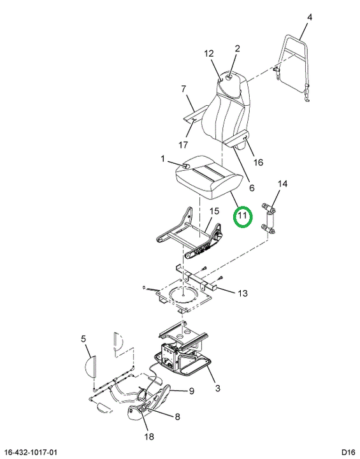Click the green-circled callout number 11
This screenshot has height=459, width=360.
pos(242,216)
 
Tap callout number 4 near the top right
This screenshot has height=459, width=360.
pos(310,18)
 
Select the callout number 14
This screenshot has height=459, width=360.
pos(282,184)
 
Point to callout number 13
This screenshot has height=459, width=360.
pos(243,293)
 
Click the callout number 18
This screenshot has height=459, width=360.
pos(149,437)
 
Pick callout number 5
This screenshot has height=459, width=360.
pos(83,339)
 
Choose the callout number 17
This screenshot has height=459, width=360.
pos(183,145)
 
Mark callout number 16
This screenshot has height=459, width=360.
pos(258,162)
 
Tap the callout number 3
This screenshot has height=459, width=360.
pos(217,388)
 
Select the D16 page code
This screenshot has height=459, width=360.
pos(348,452)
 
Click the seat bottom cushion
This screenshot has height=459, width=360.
pos(209,177)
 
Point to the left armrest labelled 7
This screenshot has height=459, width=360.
pos(194,115)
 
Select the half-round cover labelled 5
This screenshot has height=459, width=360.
pos(90,366)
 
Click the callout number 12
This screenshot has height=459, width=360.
pos(209,54)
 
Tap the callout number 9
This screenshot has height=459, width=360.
pos(192,391)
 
